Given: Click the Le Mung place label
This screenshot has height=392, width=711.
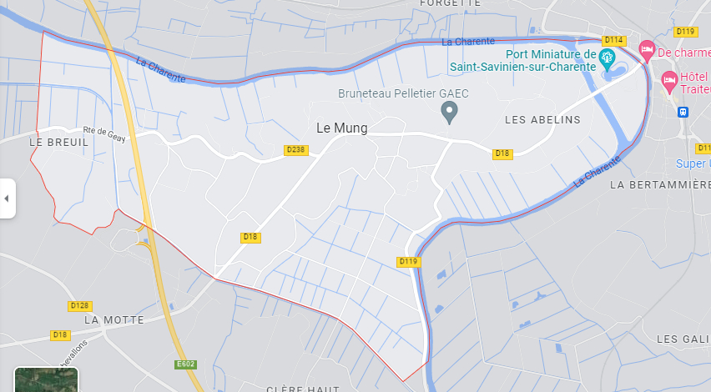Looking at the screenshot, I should (342, 128).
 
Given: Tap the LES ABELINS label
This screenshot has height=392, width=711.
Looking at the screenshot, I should (542, 120).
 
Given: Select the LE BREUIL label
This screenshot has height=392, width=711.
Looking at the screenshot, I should (58, 143).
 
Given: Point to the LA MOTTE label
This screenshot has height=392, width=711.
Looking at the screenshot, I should (114, 319).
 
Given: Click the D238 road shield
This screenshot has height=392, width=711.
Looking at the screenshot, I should (296, 150).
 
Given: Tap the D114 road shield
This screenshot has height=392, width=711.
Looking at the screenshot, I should (614, 40).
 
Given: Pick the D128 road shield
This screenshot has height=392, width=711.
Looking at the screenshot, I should (80, 306).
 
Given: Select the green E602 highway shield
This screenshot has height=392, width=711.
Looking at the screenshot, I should (185, 364).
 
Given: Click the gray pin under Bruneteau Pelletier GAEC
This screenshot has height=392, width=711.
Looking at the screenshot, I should (449, 111).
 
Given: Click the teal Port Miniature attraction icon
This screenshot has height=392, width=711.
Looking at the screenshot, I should (607, 57).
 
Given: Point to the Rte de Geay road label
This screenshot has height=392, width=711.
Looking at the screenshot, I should (103, 133).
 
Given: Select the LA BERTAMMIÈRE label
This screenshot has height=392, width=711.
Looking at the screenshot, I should (660, 183).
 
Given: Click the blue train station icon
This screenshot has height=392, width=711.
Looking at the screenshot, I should (683, 111).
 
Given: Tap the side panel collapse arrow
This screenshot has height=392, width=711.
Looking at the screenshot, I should (7, 199).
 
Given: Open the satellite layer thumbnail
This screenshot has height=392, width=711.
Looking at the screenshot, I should (46, 379).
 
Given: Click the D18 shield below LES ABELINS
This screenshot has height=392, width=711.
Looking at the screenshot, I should (502, 153).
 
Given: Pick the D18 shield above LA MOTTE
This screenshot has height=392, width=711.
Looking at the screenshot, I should (59, 334).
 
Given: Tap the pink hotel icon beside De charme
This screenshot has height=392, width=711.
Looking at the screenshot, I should (646, 52).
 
